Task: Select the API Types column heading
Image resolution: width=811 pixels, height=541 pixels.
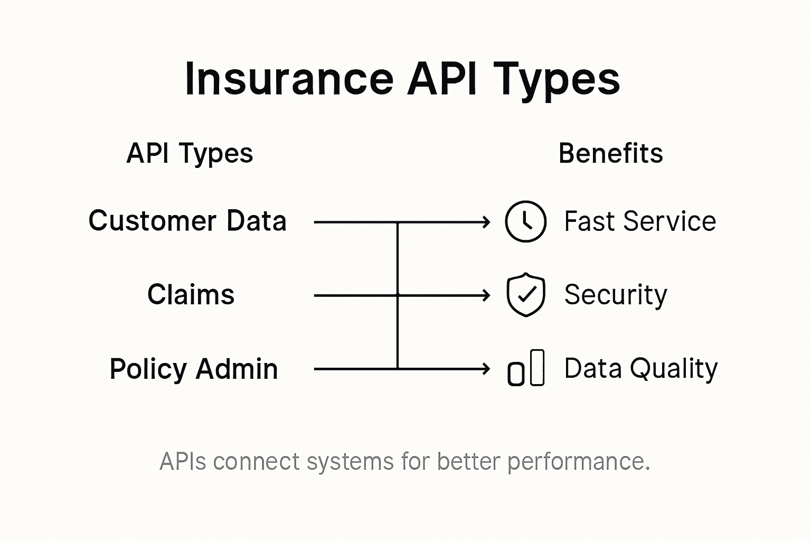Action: click(190, 154)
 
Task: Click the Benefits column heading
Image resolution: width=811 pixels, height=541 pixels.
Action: click(610, 154)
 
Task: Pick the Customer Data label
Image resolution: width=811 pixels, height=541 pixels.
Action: click(187, 221)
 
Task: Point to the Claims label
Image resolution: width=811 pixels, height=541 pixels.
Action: click(191, 294)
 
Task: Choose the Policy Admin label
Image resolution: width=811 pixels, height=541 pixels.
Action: click(193, 369)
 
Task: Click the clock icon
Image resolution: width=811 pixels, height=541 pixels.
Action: click(525, 221)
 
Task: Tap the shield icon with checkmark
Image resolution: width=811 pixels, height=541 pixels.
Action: click(525, 295)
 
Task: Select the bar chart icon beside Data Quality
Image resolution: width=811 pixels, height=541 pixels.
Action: click(525, 369)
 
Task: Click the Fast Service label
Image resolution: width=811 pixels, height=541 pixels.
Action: click(640, 221)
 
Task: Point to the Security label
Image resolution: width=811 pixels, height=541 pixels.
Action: click(616, 295)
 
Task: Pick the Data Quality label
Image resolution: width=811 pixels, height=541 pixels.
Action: click(641, 368)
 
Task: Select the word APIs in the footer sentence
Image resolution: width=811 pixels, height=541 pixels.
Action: click(183, 461)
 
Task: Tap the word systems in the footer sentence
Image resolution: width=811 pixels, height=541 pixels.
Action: click(350, 462)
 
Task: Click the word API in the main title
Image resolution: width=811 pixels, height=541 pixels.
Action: click(442, 79)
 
